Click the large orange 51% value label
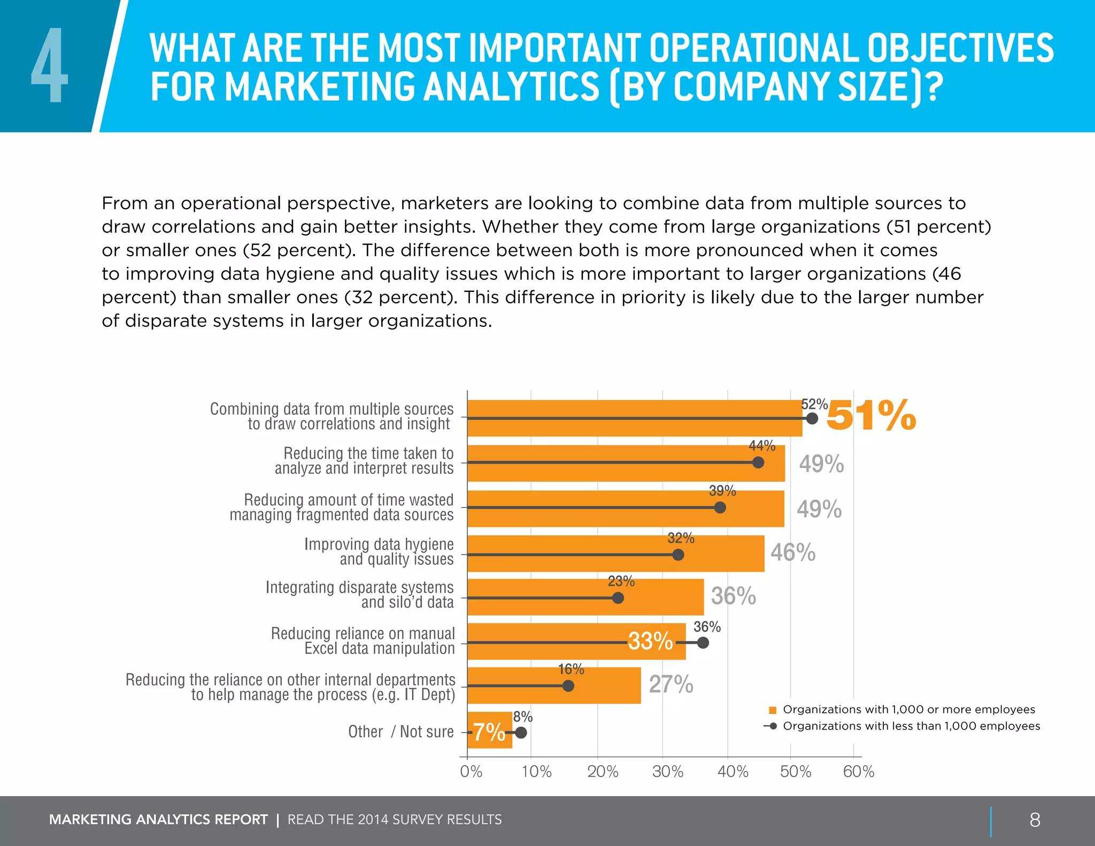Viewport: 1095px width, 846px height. coord(871,416)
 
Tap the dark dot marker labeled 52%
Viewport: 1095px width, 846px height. coord(812,418)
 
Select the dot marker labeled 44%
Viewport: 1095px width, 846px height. coord(758,463)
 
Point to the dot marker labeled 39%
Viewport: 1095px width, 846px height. coord(720,507)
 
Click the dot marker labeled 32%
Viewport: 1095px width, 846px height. coord(678,555)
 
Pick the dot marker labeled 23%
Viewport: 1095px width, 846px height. coord(618,598)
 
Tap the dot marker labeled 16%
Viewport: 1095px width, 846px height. coord(568,686)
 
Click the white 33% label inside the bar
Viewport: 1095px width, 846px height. coord(650,641)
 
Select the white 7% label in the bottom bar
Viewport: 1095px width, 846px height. coord(489,732)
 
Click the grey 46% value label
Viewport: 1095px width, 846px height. coord(793,552)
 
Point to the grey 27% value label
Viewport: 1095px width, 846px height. coord(671,685)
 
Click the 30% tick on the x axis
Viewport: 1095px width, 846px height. coord(668,772)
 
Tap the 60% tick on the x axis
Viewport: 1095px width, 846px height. coord(859,772)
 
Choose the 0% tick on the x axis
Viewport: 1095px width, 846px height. coord(471,772)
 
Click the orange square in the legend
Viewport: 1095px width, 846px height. coord(772,710)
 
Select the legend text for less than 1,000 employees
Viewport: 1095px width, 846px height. coord(911,726)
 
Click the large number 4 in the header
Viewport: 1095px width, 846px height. coord(50,65)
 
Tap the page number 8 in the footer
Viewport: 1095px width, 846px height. coord(1035,820)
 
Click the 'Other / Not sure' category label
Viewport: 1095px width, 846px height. coord(400,732)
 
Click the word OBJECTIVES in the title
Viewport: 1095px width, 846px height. coord(960,48)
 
